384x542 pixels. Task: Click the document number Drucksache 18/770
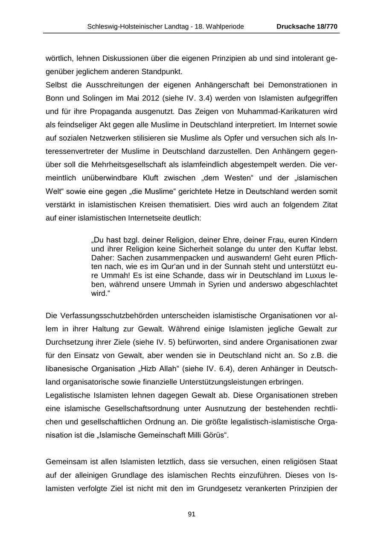pos(307,26)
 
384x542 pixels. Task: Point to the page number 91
pos(192,514)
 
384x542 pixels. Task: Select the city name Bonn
pos(55,98)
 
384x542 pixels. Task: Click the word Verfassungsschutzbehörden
pos(106,316)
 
